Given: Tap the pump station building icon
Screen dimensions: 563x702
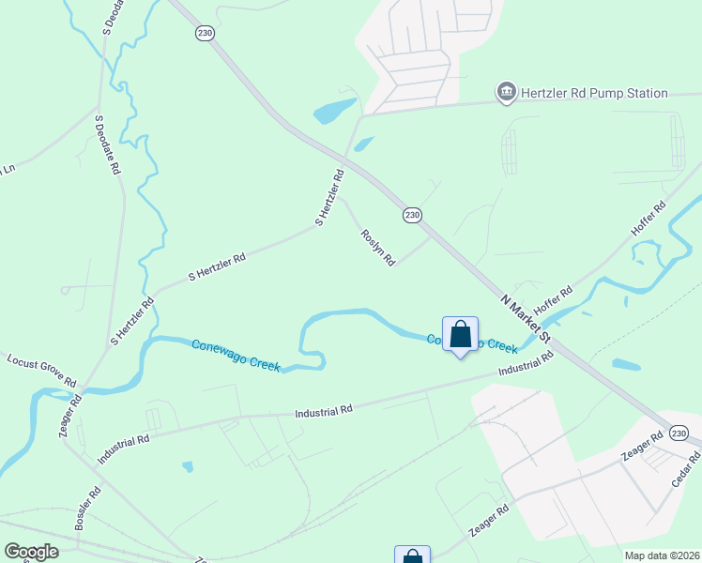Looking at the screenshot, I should click(507, 92).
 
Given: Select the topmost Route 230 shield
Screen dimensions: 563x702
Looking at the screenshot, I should click(206, 33).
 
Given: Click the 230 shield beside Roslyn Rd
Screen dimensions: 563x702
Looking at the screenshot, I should click(412, 215).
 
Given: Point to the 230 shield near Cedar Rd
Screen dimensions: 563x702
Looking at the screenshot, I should click(679, 432).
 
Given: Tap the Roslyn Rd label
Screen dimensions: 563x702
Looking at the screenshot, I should click(377, 248).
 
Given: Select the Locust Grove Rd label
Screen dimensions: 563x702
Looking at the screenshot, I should click(41, 371).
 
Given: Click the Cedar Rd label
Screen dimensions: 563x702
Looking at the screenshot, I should click(687, 469).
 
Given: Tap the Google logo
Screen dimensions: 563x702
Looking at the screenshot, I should click(31, 552).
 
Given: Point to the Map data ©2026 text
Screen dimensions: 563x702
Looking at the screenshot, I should click(662, 555).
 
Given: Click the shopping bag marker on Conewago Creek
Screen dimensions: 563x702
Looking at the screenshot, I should click(460, 335).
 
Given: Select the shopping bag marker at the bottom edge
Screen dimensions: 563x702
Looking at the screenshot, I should click(412, 556).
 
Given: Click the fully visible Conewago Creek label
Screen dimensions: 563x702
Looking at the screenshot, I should click(236, 355).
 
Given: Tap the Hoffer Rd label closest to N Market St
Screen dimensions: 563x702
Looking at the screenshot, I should click(553, 301).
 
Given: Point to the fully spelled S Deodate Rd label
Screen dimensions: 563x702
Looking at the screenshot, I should click(107, 144).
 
